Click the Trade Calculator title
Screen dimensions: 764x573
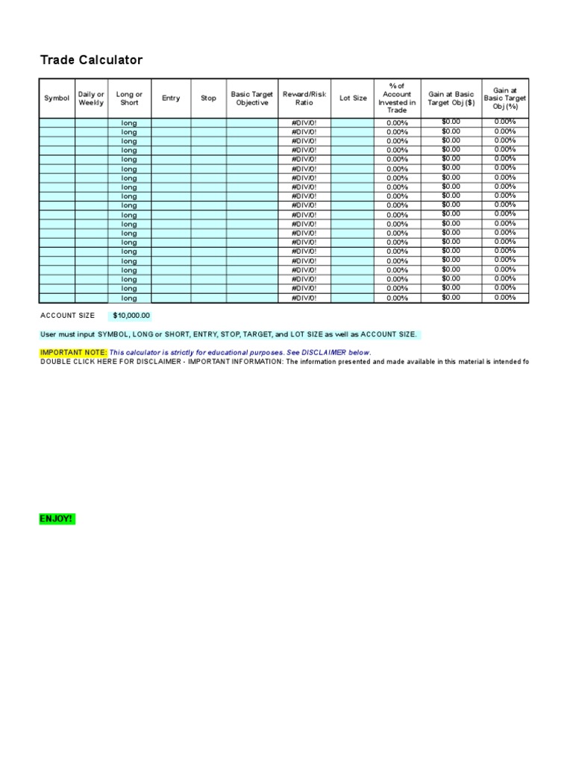pyautogui.click(x=91, y=60)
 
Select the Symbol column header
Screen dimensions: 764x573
pyautogui.click(x=57, y=98)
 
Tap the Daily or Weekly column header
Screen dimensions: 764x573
pyautogui.click(x=91, y=98)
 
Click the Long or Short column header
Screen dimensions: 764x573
pyautogui.click(x=129, y=98)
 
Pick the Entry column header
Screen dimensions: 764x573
pyautogui.click(x=171, y=98)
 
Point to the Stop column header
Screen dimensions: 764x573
pyautogui.click(x=208, y=98)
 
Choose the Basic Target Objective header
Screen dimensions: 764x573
pyautogui.click(x=252, y=98)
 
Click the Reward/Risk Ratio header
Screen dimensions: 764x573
pyautogui.click(x=304, y=98)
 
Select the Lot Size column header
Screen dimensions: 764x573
pyautogui.click(x=353, y=98)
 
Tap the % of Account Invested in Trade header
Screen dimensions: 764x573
pyautogui.click(x=397, y=98)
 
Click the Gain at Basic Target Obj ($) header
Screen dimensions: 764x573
pyautogui.click(x=451, y=98)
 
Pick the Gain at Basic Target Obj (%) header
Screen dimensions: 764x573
pyautogui.click(x=504, y=98)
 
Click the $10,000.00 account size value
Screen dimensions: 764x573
pyautogui.click(x=131, y=316)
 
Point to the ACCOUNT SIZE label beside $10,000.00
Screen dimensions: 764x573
pyautogui.click(x=67, y=316)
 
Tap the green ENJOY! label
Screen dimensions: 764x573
pyautogui.click(x=57, y=519)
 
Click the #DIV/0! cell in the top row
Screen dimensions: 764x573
pyautogui.click(x=304, y=122)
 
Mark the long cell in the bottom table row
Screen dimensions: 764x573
pyautogui.click(x=129, y=298)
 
